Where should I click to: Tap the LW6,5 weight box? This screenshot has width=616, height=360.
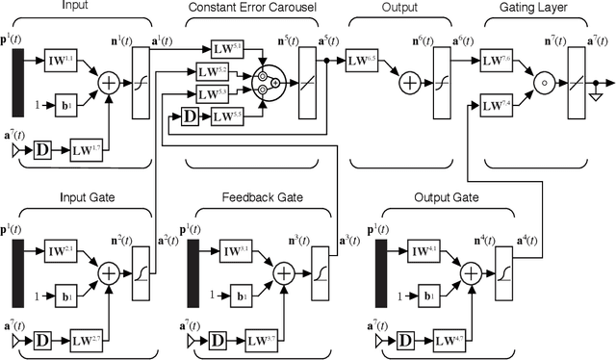[x=360, y=62]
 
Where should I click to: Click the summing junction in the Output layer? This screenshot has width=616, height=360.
[x=411, y=83]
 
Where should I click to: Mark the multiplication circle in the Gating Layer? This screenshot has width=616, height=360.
[x=544, y=83]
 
